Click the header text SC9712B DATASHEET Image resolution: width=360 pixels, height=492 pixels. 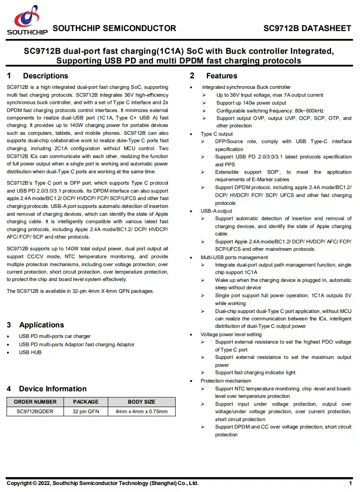tap(307, 28)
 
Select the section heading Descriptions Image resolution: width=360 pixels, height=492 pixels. tap(45, 76)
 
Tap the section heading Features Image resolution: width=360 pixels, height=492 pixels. tap(221, 76)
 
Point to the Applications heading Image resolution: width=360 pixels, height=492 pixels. tap(41, 325)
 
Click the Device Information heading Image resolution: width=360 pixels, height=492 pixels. tap(53, 389)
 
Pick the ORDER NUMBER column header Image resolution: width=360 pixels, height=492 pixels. tap(35, 402)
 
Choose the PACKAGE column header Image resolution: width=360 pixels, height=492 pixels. tap(86, 402)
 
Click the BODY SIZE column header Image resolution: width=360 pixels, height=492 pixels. tap(141, 402)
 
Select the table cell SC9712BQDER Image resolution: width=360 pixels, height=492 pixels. tap(35, 411)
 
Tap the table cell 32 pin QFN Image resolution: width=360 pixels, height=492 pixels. tap(86, 411)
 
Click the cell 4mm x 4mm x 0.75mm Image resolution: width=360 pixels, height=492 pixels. tap(141, 411)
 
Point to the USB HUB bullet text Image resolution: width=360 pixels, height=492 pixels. tap(30, 352)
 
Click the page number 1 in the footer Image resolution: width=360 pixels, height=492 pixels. tap(350, 483)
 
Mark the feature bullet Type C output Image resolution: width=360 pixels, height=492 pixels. tap(217, 134)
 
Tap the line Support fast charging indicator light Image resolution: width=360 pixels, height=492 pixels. tap(255, 373)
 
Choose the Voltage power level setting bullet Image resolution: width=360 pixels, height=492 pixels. tap(231, 334)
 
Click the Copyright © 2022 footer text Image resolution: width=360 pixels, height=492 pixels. tap(102, 483)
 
